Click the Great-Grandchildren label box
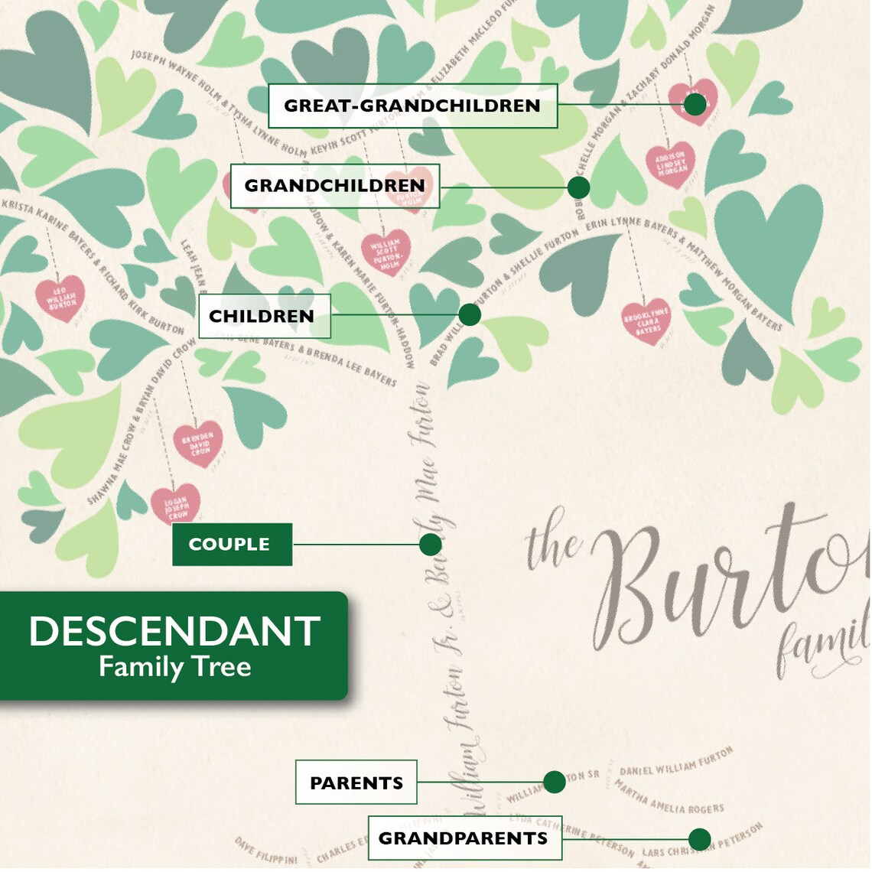pyautogui.click(x=412, y=106)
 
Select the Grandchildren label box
pyautogui.click(x=334, y=186)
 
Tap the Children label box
pyautogui.click(x=264, y=316)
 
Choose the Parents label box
pyautogui.click(x=356, y=783)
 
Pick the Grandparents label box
pyautogui.click(x=464, y=838)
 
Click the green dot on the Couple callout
pyautogui.click(x=431, y=545)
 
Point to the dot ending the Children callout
pyautogui.click(x=470, y=314)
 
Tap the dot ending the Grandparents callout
pyautogui.click(x=699, y=839)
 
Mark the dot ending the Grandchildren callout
pyautogui.click(x=579, y=187)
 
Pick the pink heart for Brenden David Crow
pyautogui.click(x=198, y=443)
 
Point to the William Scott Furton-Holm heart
pyautogui.click(x=385, y=252)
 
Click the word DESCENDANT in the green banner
pyautogui.click(x=174, y=632)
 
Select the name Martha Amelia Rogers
pyautogui.click(x=669, y=798)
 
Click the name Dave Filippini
pyautogui.click(x=265, y=851)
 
